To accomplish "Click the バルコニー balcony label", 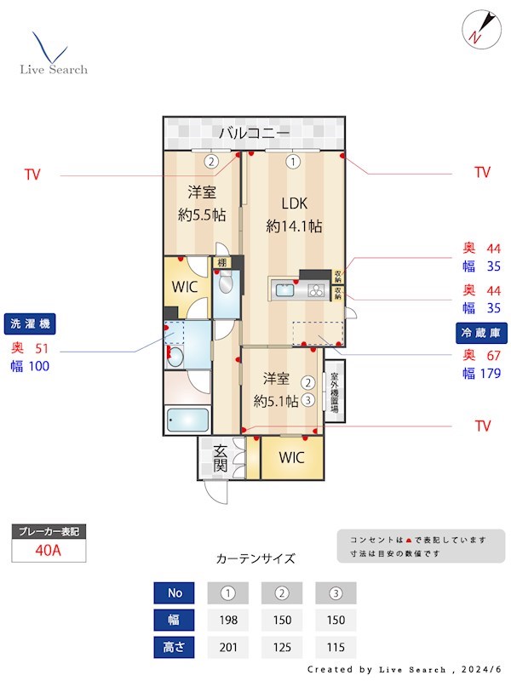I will [x=254, y=133].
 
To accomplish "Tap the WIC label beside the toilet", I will [x=185, y=287].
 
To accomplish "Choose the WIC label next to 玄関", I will [x=291, y=458].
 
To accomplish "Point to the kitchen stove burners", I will [x=316, y=291].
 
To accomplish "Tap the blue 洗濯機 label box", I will [x=32, y=324].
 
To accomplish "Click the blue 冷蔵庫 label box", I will [x=479, y=332].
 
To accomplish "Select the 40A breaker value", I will [x=48, y=550].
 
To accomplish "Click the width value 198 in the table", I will [x=227, y=620].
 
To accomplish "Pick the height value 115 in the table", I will [x=336, y=647].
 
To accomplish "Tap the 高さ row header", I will [x=174, y=647].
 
